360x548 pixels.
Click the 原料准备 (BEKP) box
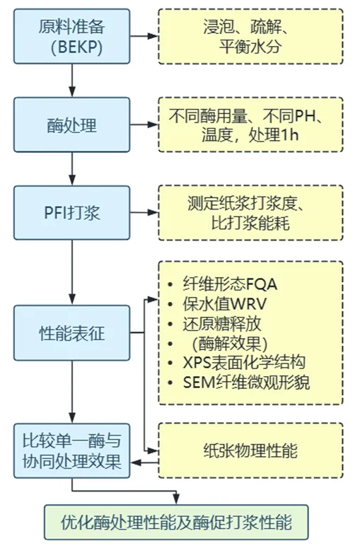(72, 36)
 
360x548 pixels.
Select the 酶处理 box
(72, 126)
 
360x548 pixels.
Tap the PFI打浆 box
(72, 211)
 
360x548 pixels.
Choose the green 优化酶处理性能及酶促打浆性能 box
(177, 523)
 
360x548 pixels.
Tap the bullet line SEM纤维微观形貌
(244, 383)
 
